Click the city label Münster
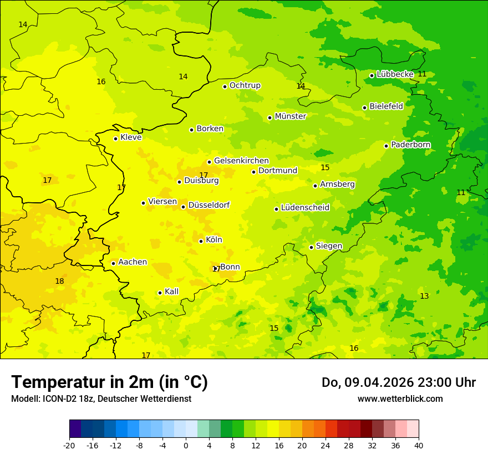pyautogui.click(x=290, y=116)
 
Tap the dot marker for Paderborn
pyautogui.click(x=387, y=146)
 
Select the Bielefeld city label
pyautogui.click(x=386, y=106)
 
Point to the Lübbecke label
pyautogui.click(x=395, y=74)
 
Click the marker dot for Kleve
pyautogui.click(x=115, y=139)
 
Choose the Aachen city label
pyautogui.click(x=133, y=262)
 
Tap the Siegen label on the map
pyautogui.click(x=329, y=246)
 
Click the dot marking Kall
pyautogui.click(x=160, y=293)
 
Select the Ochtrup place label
pyautogui.click(x=245, y=85)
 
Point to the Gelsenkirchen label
pyautogui.click(x=241, y=161)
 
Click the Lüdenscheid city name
pyautogui.click(x=305, y=208)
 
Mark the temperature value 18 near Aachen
pyautogui.click(x=59, y=282)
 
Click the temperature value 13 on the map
pyautogui.click(x=424, y=297)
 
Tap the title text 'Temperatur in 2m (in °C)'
pyautogui.click(x=109, y=382)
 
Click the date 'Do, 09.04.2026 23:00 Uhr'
pyautogui.click(x=399, y=382)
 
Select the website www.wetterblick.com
pyautogui.click(x=400, y=399)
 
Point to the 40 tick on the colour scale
pyautogui.click(x=419, y=445)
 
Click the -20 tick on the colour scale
pyautogui.click(x=69, y=445)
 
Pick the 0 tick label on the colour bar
pyautogui.click(x=186, y=445)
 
